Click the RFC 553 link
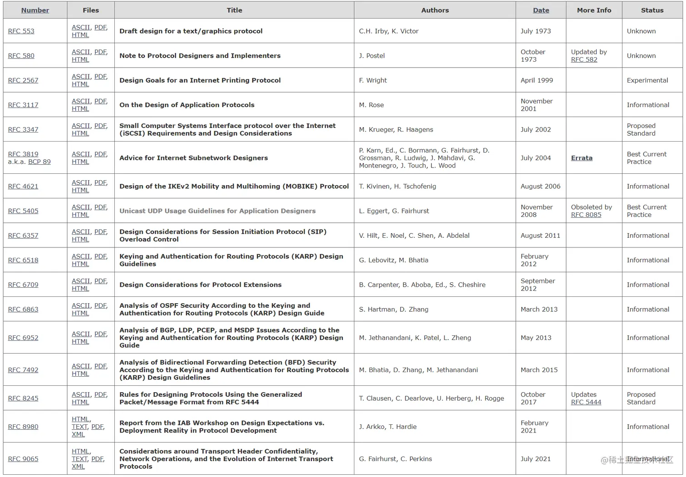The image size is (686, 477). coord(21,31)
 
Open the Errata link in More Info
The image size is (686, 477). coord(582,158)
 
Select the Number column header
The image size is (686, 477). coord(35,10)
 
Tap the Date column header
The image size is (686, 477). coord(541,10)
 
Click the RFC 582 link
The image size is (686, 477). coord(584,59)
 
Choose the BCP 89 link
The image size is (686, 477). coord(39,162)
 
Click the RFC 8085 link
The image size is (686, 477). coord(586,215)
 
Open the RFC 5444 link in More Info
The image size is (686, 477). coord(586,402)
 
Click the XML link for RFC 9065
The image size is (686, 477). coord(78,467)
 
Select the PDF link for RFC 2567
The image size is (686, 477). coord(100,77)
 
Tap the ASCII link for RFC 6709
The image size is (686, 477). coord(81,281)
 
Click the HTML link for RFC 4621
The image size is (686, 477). coord(80,190)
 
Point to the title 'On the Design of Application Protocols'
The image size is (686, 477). coord(187,105)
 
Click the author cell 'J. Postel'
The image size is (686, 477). coord(372,56)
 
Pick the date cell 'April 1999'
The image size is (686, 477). coord(537,80)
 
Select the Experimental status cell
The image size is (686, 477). coord(647,80)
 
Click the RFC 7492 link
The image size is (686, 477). coord(23,370)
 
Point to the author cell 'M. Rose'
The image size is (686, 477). coord(371,105)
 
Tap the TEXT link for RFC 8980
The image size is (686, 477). coord(79,427)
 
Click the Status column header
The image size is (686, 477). coord(652,10)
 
